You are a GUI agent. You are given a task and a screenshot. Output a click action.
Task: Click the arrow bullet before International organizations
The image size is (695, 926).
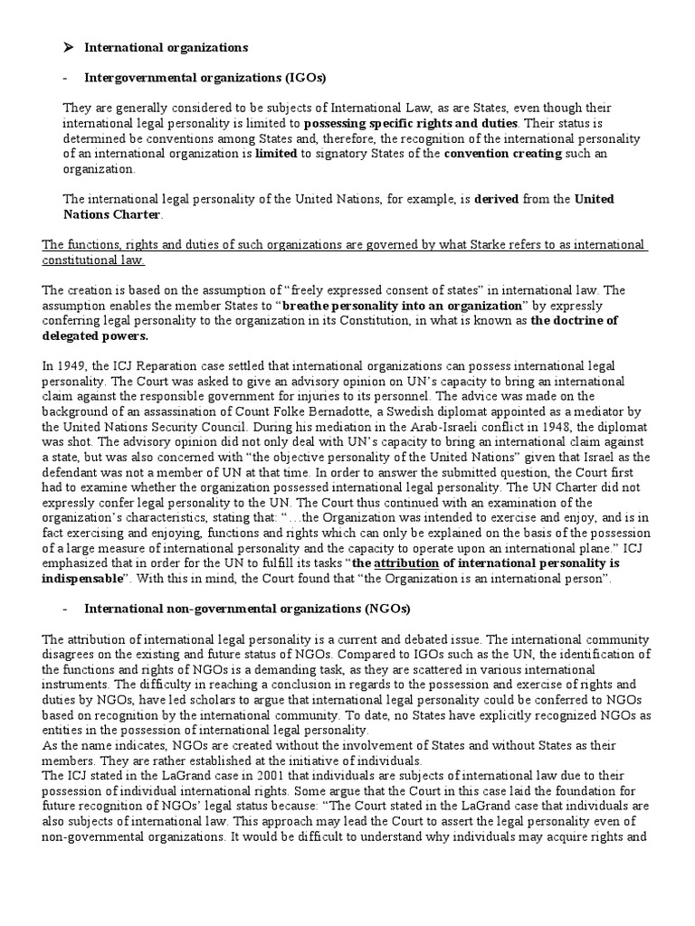coord(69,45)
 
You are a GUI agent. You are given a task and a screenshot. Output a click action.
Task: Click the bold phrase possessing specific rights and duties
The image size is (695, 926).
coord(411,122)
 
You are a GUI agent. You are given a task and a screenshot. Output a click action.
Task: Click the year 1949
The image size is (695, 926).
coord(71,366)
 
